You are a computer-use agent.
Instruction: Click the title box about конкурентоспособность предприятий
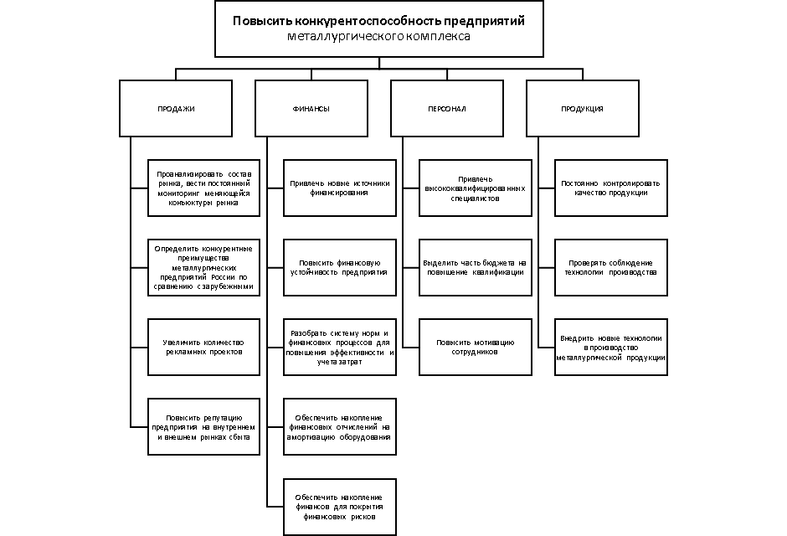click(378, 28)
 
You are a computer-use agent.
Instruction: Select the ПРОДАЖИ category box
click(176, 109)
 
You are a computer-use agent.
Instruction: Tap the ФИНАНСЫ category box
click(311, 109)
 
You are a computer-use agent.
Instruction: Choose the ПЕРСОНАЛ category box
click(447, 109)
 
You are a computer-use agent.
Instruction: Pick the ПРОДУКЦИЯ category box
click(583, 109)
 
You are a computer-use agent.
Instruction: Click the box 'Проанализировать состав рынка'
click(203, 188)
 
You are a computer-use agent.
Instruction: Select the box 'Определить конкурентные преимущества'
click(203, 268)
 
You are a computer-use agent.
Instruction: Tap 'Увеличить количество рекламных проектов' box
click(203, 347)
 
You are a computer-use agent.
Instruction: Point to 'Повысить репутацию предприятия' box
click(203, 426)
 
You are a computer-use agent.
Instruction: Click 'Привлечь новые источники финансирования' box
click(339, 188)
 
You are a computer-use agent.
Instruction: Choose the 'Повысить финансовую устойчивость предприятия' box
click(339, 268)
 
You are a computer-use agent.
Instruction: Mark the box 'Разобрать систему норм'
click(339, 347)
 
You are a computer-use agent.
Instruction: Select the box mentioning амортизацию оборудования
click(339, 426)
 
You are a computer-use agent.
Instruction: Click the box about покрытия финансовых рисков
click(339, 506)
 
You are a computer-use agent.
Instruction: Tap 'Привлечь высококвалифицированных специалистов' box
click(475, 188)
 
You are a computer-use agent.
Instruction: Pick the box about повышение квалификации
click(475, 268)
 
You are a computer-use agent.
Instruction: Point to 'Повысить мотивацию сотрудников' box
click(475, 347)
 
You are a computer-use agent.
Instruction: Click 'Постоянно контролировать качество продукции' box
click(611, 188)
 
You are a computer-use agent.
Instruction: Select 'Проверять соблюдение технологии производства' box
click(611, 268)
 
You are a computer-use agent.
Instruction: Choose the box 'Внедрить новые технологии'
click(611, 347)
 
